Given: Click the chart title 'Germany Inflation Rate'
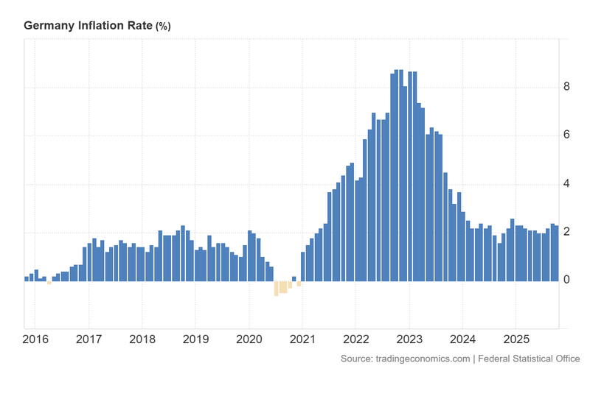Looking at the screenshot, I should [88, 26].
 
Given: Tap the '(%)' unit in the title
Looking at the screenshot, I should [163, 27].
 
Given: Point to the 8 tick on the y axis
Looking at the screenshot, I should [566, 87].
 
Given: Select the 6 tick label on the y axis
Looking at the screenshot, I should [566, 135].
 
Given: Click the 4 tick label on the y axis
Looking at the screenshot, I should [566, 184].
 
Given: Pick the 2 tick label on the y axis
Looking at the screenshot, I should [566, 233].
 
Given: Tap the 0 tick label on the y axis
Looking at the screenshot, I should [566, 281].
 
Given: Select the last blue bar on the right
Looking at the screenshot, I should [556, 254].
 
